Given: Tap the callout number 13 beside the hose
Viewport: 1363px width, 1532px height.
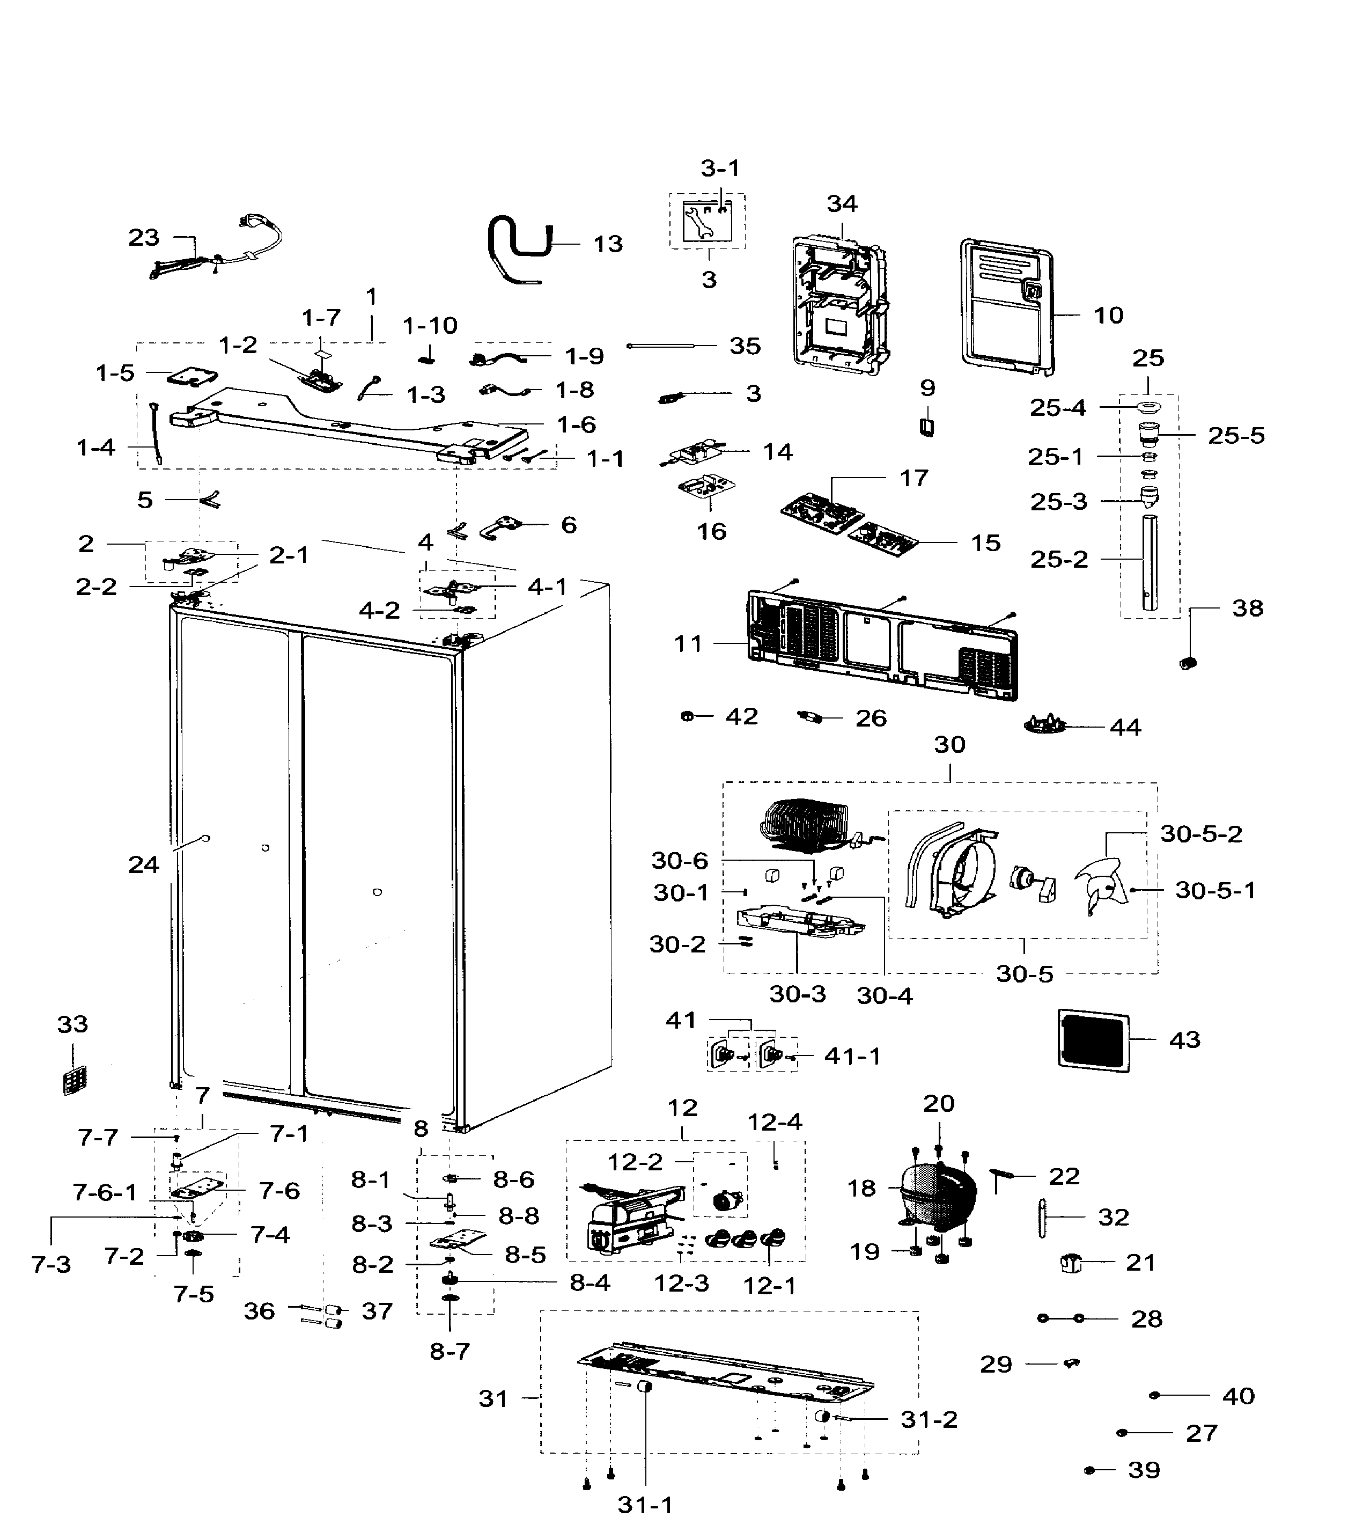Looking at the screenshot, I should tap(608, 244).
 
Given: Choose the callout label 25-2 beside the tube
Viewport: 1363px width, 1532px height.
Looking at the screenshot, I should tap(1058, 559).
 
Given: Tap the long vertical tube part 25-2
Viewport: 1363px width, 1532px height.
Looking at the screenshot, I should tap(1148, 562).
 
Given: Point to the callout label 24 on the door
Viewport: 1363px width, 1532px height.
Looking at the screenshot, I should tap(143, 865).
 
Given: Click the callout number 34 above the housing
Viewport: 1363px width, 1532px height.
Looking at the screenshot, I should tap(842, 204).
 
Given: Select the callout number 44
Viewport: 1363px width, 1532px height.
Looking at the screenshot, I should tap(1125, 727).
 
